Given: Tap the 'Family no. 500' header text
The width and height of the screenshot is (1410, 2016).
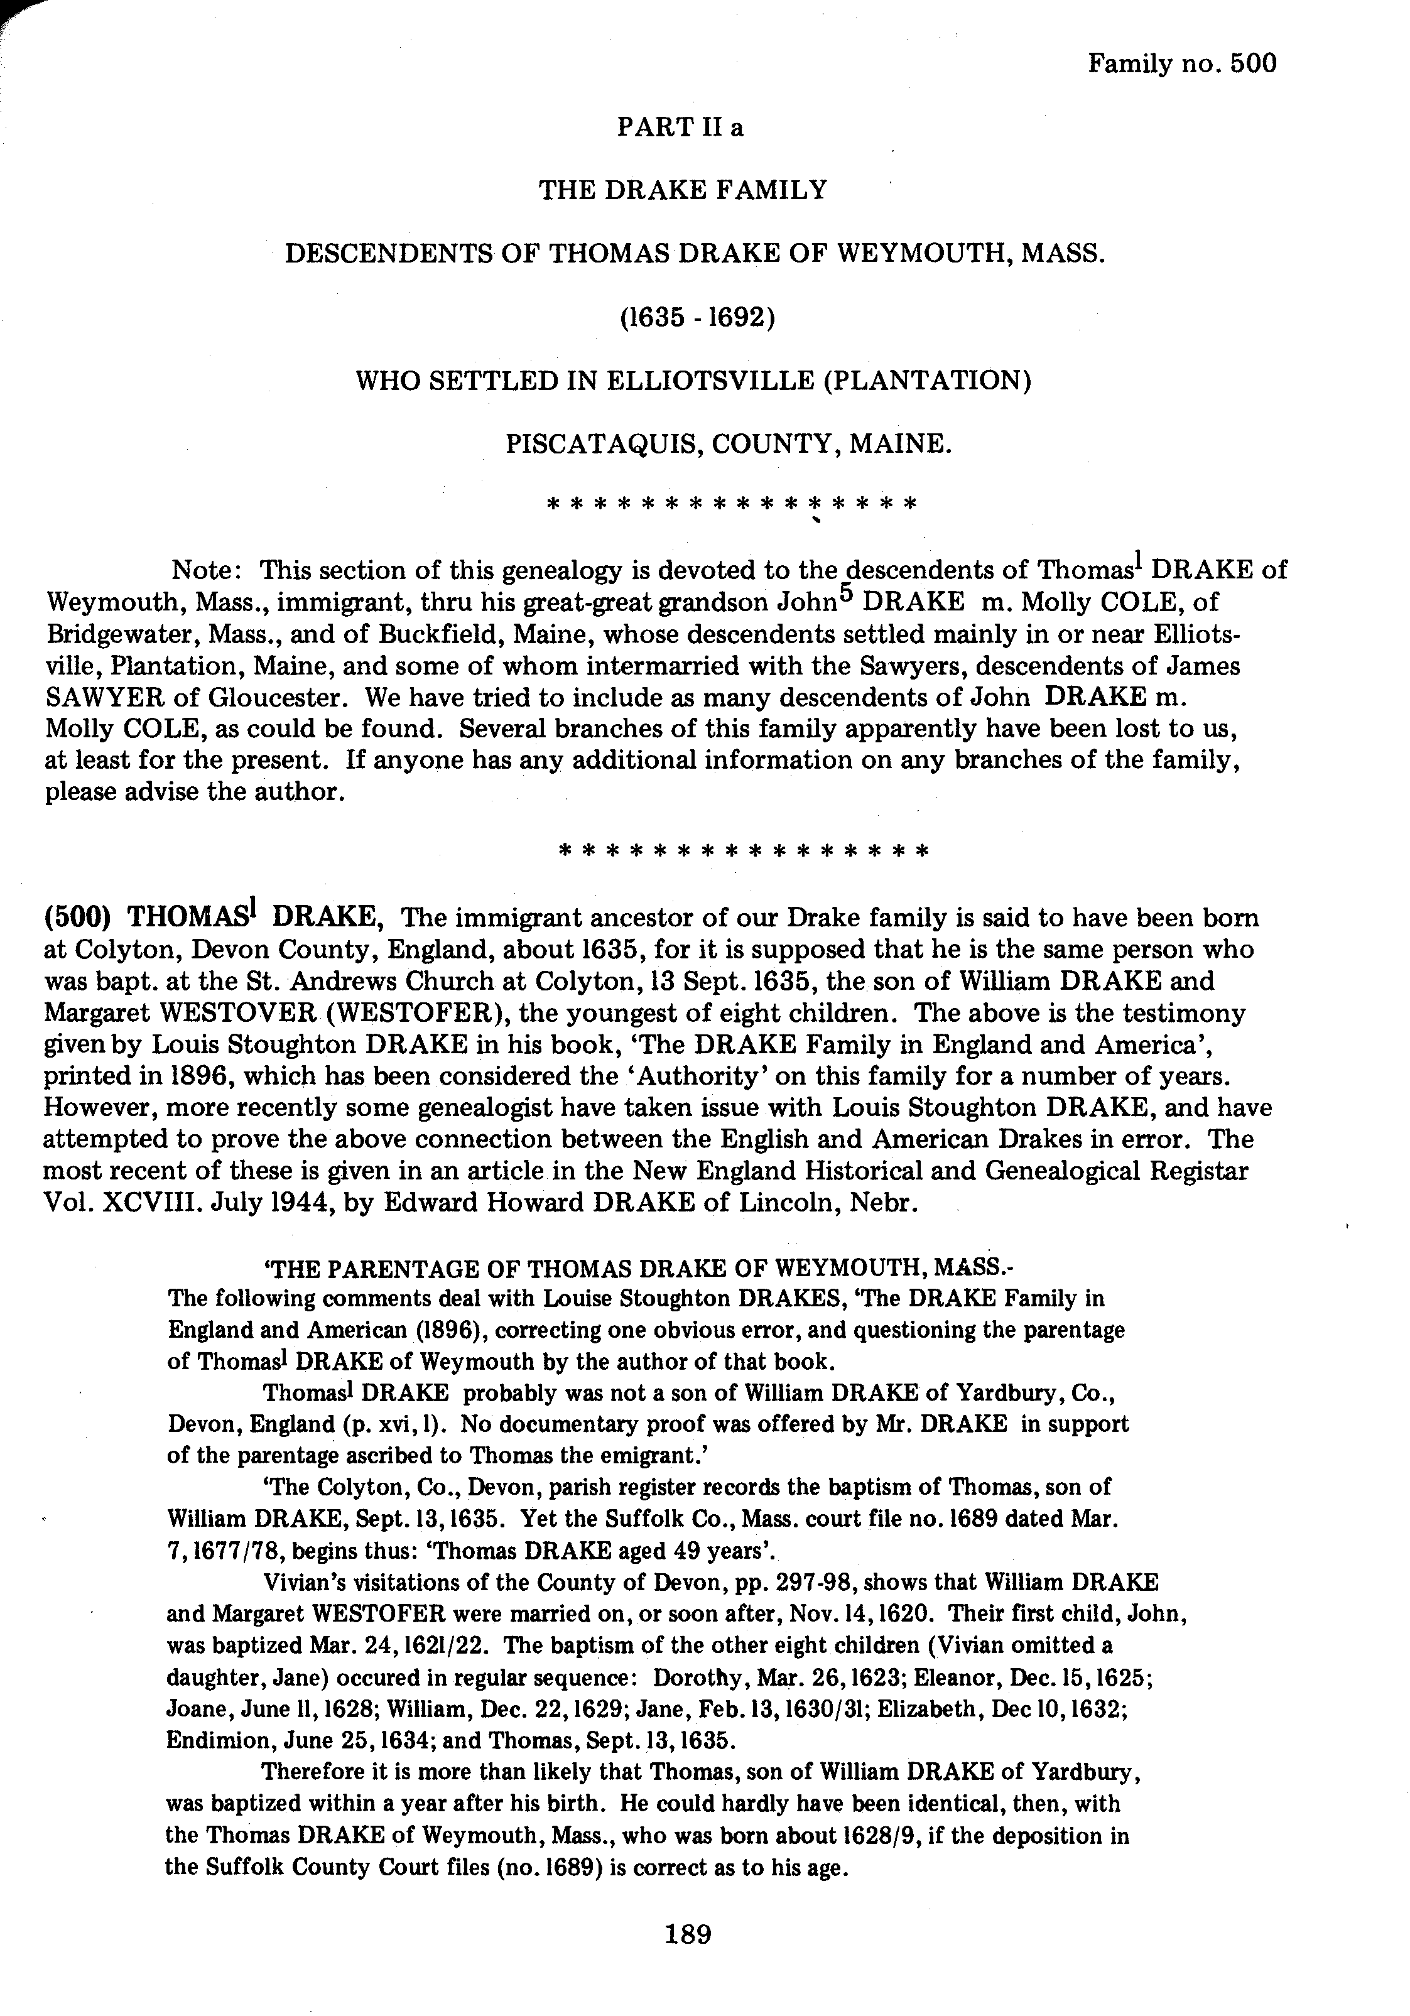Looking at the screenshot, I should click(1182, 63).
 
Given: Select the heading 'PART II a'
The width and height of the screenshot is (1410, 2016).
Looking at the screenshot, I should click(680, 127).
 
